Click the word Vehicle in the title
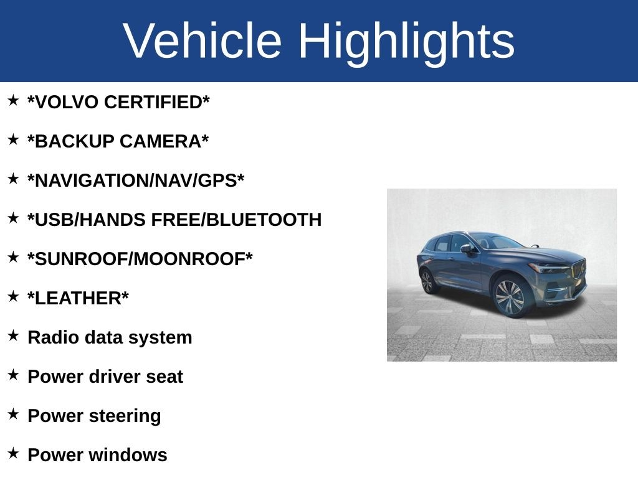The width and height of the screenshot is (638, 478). click(202, 40)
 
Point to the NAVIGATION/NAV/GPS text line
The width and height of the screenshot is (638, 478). click(136, 181)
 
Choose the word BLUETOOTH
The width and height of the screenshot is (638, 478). click(264, 220)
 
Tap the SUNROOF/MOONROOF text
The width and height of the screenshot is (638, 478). click(140, 259)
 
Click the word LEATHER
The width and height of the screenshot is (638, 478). click(78, 298)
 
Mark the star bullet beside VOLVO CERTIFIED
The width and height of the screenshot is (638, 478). click(13, 100)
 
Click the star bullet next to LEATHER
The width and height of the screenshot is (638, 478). click(13, 296)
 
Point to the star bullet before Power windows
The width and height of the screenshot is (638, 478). click(13, 453)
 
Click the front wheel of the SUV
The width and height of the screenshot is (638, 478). click(509, 296)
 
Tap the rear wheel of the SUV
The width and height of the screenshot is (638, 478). click(427, 281)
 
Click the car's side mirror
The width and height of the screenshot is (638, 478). click(467, 248)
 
